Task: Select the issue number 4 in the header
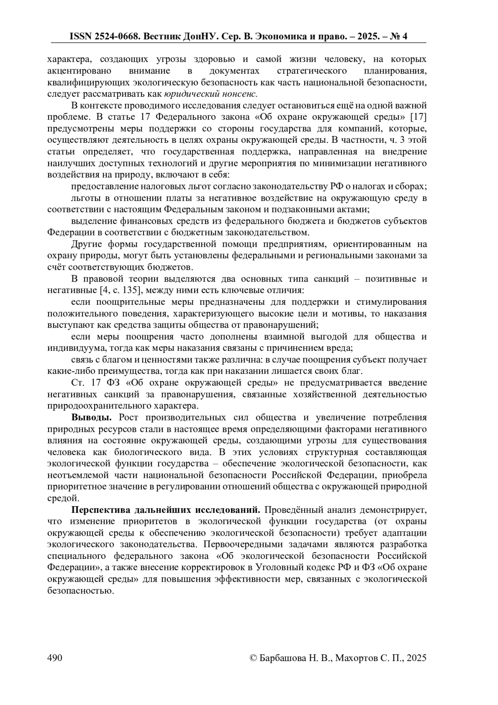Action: click(x=405, y=37)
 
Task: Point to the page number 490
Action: click(x=55, y=658)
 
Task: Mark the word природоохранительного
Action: click(x=96, y=405)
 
